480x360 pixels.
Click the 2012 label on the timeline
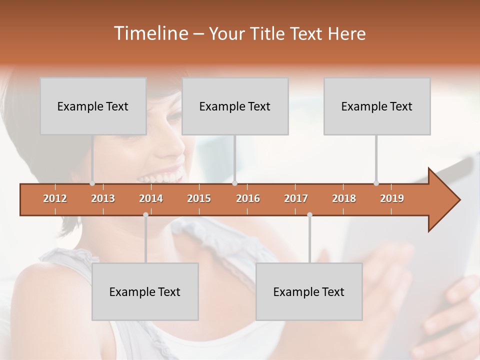[55, 198]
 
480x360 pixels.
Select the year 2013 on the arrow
[103, 198]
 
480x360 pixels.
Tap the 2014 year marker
[151, 198]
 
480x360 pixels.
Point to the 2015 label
[199, 198]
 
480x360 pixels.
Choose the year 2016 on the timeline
[248, 198]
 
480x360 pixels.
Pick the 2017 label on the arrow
[296, 198]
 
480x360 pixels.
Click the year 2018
[344, 198]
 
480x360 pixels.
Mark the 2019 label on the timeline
[392, 198]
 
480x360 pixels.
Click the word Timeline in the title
[150, 33]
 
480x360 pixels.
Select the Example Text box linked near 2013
[93, 106]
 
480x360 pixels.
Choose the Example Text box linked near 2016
[235, 106]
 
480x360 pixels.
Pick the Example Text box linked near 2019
[377, 106]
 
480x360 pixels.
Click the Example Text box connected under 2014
[145, 291]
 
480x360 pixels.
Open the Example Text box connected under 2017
[309, 291]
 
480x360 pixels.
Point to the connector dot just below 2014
[145, 215]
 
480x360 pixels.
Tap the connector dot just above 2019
[376, 183]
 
